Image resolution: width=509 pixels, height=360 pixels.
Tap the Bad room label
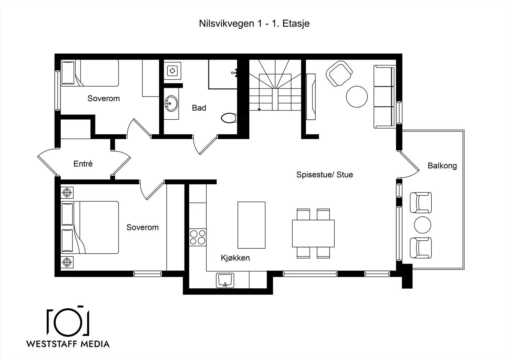199,108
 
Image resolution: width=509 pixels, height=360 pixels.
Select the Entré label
83,164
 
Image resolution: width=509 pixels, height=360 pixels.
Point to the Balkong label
442,166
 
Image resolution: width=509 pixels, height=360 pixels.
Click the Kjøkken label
235,258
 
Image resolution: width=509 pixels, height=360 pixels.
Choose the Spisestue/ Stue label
324,175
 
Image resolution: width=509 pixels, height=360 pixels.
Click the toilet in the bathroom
229,118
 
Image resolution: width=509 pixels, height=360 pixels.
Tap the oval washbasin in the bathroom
171,104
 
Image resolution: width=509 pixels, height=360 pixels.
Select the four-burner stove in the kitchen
198,237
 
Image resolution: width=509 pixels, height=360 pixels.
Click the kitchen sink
225,280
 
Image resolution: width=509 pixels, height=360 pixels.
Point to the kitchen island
251,225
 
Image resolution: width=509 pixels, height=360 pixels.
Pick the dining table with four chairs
313,233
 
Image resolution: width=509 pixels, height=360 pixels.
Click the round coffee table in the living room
357,97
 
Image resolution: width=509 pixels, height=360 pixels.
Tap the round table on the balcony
422,225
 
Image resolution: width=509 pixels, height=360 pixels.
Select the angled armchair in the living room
339,74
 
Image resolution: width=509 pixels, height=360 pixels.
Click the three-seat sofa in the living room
384,97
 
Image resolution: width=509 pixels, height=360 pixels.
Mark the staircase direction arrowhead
259,109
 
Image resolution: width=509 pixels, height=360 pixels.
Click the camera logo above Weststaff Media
68,321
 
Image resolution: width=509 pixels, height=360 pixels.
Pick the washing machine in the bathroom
172,71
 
